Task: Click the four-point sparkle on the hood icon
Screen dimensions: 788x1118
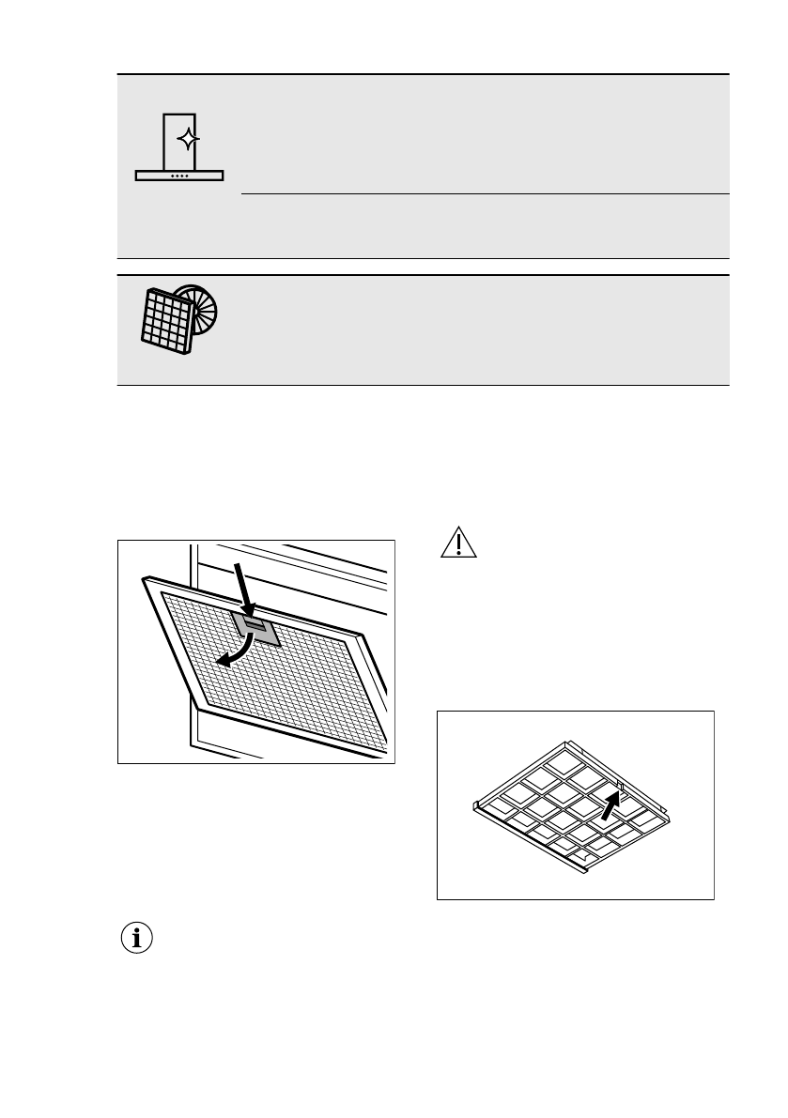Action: [188, 139]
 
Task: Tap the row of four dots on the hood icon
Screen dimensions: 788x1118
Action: [180, 175]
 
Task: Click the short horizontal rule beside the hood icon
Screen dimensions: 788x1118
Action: [485, 194]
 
